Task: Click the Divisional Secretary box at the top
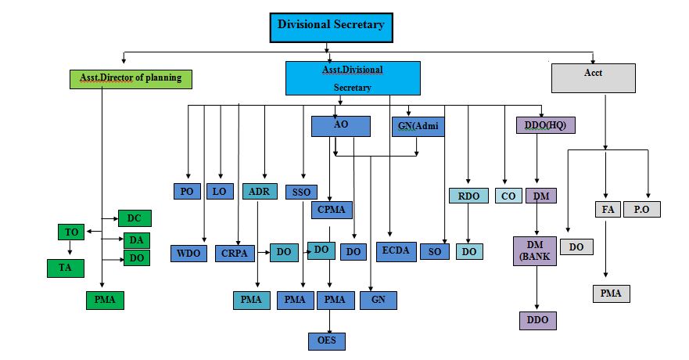tap(331, 27)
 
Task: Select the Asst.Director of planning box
tap(131, 79)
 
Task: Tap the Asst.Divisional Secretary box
tap(353, 78)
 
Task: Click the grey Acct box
tap(594, 78)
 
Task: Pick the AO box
tap(340, 126)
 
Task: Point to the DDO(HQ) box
tap(545, 125)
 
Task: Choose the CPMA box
tap(332, 210)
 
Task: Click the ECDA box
tap(397, 251)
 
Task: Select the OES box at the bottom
tap(326, 341)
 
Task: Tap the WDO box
tap(188, 254)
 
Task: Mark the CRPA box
tap(235, 254)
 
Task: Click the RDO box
tap(468, 196)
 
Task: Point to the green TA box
tap(66, 268)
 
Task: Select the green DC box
tap(135, 218)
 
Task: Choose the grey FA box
tap(608, 209)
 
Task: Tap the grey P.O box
tap(641, 209)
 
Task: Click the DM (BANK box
tap(535, 251)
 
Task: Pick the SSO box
tap(301, 192)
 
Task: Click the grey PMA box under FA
tap(612, 293)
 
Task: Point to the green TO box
tap(71, 232)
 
